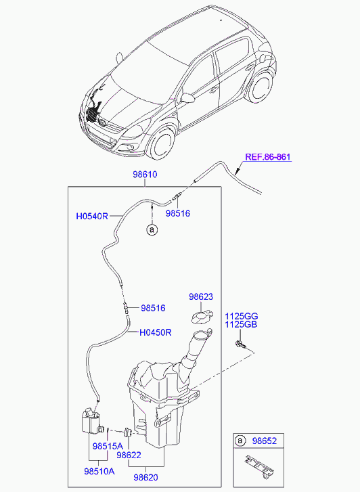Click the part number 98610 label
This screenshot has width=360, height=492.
(x=144, y=175)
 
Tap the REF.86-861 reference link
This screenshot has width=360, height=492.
(x=267, y=158)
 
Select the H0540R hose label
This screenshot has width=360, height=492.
(x=92, y=217)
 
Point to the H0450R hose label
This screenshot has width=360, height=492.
(x=156, y=332)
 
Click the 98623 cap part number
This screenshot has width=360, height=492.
(x=201, y=296)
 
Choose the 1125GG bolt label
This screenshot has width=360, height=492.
(x=242, y=316)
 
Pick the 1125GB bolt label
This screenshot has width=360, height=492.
(x=242, y=325)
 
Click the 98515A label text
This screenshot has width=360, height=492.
(x=108, y=446)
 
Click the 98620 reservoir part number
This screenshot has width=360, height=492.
(x=145, y=477)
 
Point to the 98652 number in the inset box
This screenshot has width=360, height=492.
(x=265, y=441)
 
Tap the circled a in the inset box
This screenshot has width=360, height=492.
(x=240, y=441)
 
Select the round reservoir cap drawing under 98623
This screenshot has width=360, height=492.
(x=200, y=315)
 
